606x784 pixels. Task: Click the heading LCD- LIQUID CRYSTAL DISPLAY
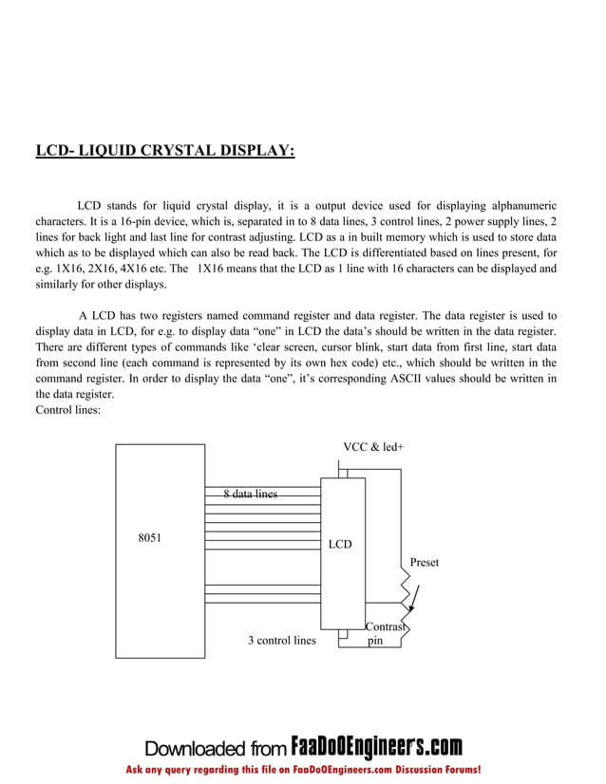tap(164, 151)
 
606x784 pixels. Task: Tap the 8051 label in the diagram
tap(150, 538)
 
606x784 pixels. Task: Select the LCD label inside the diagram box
tap(339, 544)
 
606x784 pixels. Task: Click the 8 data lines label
tap(251, 495)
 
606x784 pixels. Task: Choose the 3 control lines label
tap(281, 641)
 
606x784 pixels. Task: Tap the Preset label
tap(425, 563)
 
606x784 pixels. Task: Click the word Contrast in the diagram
tap(387, 627)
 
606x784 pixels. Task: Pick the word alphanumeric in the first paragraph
tap(520, 205)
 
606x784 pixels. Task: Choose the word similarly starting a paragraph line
tap(58, 285)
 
